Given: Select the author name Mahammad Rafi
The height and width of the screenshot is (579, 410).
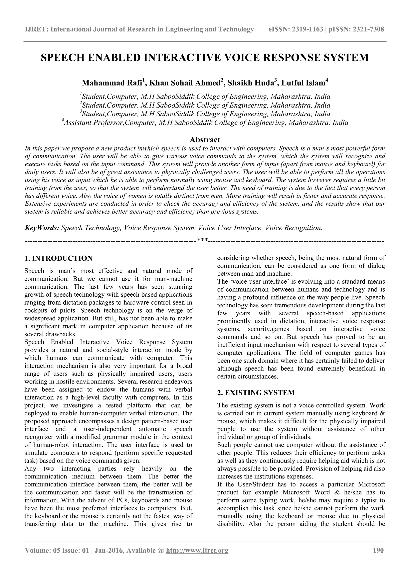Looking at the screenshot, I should (111, 83).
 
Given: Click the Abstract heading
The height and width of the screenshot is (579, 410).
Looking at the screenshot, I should (205, 140).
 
